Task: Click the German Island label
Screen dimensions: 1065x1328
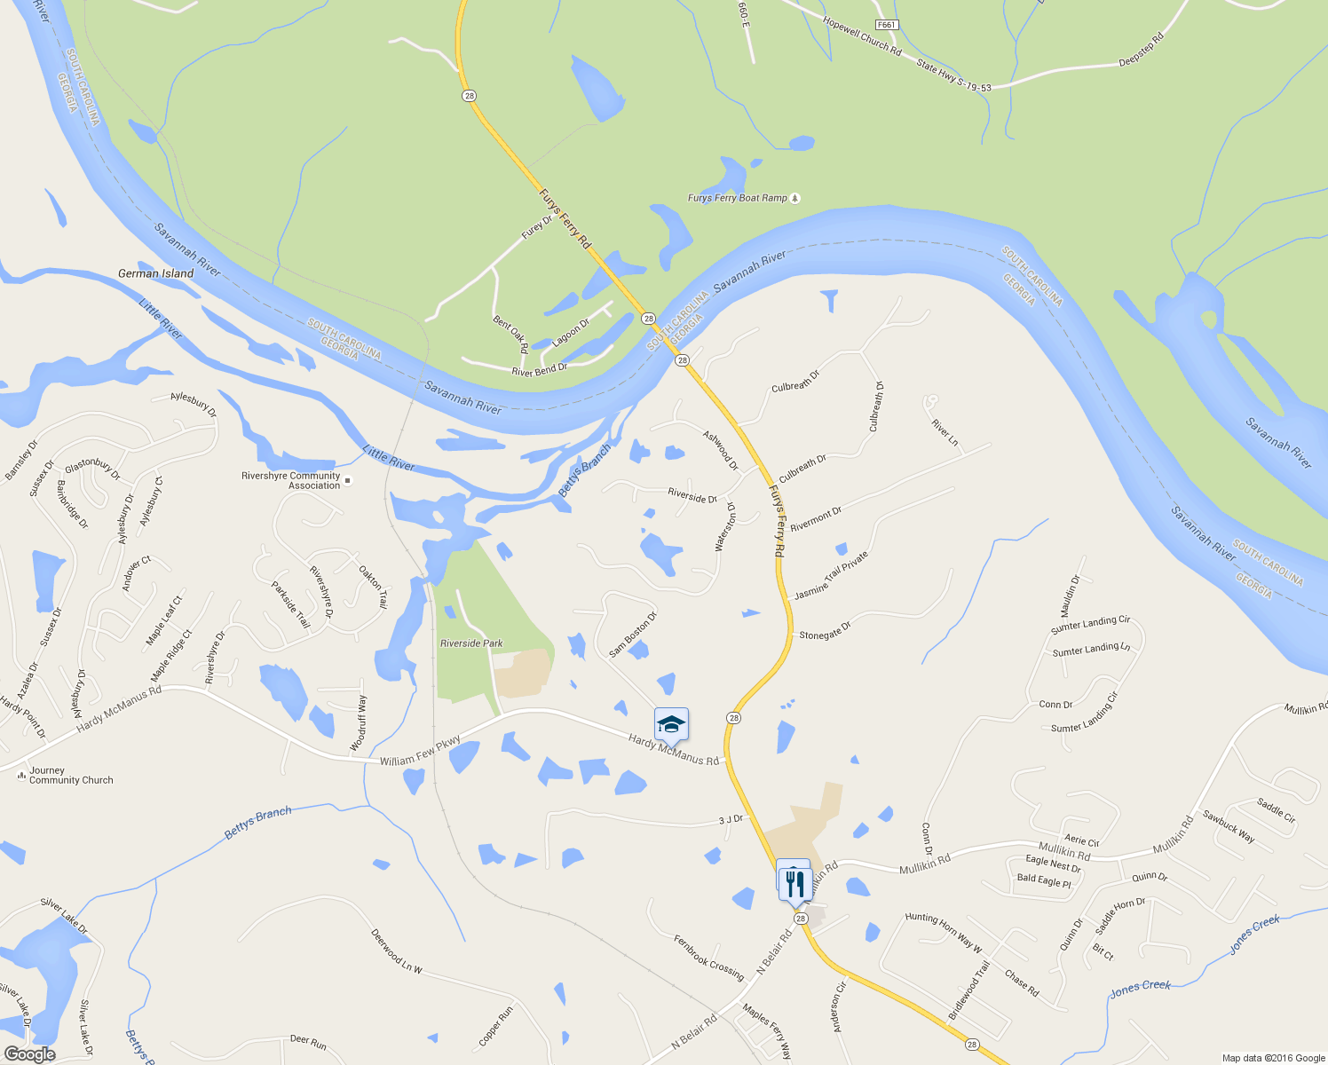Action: click(x=155, y=273)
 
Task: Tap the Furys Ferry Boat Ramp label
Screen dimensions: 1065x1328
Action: click(x=738, y=198)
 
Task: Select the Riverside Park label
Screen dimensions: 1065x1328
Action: click(x=471, y=643)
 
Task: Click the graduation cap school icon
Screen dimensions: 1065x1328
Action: click(x=671, y=725)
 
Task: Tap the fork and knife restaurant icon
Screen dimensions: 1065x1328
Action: click(x=794, y=883)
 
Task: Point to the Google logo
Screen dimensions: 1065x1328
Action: click(x=29, y=1053)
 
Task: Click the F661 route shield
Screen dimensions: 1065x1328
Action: click(x=885, y=25)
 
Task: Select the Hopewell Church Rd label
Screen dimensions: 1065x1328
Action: click(x=861, y=36)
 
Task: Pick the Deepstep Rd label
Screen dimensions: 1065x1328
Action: click(x=1141, y=50)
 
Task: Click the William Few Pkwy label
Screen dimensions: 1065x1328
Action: click(x=420, y=752)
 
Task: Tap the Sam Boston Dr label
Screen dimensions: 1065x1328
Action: click(x=633, y=635)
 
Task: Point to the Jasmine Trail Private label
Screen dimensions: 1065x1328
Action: click(x=831, y=575)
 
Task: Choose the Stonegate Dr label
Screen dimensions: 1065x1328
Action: click(x=825, y=631)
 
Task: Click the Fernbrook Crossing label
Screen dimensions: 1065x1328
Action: click(x=708, y=957)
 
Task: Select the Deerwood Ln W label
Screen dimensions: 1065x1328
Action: click(x=396, y=951)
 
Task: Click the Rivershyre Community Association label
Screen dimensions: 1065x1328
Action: click(x=290, y=480)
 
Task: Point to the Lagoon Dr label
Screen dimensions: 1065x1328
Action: click(x=570, y=333)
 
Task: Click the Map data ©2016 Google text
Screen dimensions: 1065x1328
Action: click(x=1273, y=1058)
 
